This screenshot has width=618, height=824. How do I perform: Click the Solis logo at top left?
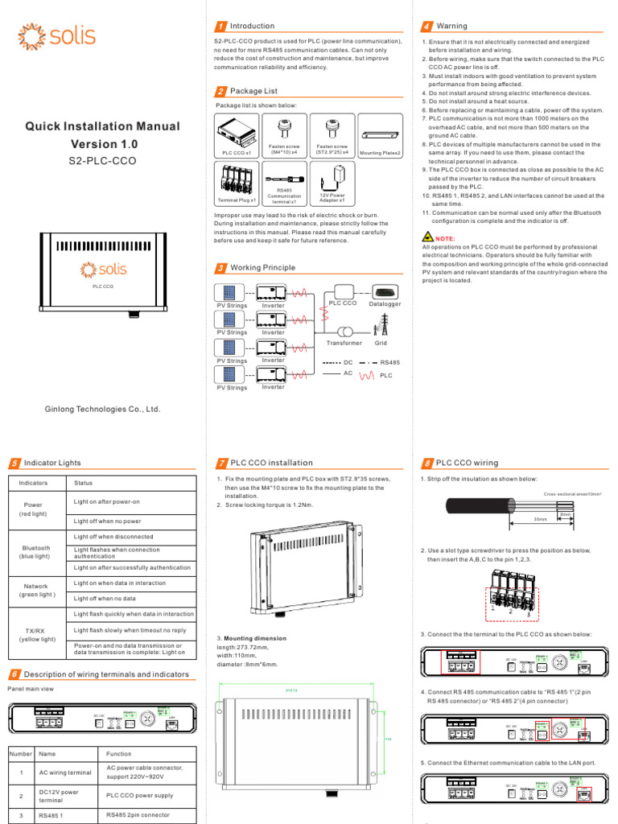point(57,36)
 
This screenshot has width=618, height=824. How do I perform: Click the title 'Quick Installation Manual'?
point(101,126)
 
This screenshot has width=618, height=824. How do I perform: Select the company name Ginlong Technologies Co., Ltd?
point(102,409)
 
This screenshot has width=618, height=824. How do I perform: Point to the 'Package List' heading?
point(253,91)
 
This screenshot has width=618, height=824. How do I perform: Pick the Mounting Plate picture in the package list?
point(380,136)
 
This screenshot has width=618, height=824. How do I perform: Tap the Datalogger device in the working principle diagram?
point(385,292)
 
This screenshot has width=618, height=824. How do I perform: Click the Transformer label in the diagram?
point(344,343)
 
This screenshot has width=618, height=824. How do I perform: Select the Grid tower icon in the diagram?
point(381,326)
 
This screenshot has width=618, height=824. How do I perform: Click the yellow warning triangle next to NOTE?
point(426,238)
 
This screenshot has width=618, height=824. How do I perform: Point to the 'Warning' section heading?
point(451,27)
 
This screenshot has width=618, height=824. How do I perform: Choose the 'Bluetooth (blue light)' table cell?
point(37,551)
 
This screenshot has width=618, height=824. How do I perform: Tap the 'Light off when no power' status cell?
point(107,521)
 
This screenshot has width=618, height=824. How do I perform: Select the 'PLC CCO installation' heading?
point(271,463)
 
